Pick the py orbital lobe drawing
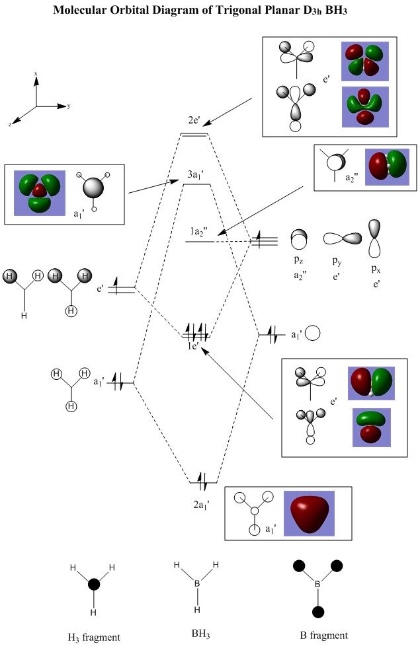coord(343,238)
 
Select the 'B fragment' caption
coord(323,635)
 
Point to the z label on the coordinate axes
coord(10,124)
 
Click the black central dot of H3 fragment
coord(94,584)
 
